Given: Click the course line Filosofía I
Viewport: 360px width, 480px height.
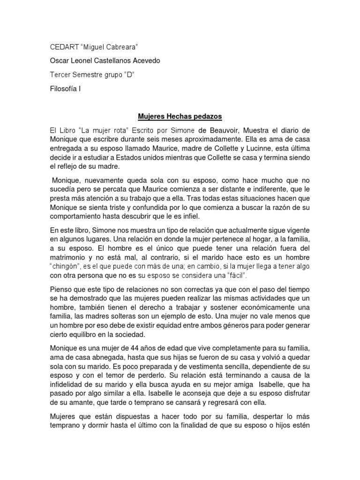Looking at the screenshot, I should [x=65, y=87].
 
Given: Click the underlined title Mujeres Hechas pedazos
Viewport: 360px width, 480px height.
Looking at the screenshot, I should [x=180, y=116].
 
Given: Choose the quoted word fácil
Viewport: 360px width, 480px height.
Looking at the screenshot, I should [x=234, y=275].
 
